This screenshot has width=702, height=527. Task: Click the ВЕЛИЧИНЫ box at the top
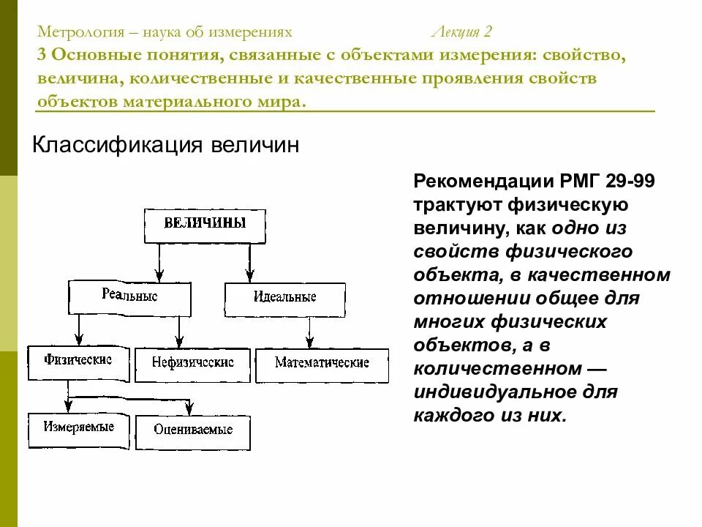click(x=205, y=224)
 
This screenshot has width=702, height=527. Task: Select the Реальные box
click(x=129, y=297)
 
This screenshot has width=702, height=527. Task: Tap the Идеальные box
click(x=284, y=298)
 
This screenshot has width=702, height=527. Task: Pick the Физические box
click(x=78, y=361)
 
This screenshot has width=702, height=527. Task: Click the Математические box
click(x=322, y=362)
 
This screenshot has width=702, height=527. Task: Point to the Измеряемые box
click(x=78, y=427)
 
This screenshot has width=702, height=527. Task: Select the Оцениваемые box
click(x=192, y=430)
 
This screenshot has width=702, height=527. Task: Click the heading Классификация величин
click(x=166, y=145)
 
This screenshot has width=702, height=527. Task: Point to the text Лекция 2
click(x=462, y=32)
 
